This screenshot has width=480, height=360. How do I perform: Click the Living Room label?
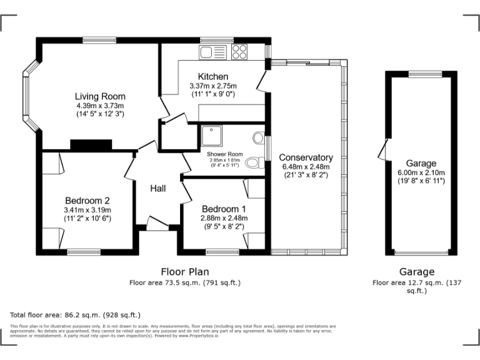pyautogui.click(x=100, y=96)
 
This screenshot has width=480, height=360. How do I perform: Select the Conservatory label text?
pyautogui.click(x=306, y=157)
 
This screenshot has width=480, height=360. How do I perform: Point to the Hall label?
pyautogui.click(x=158, y=187)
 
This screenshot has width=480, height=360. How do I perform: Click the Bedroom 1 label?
pyautogui.click(x=223, y=209)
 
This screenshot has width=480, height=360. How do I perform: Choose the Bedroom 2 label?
pyautogui.click(x=87, y=201)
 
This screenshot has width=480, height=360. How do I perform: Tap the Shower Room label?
pyautogui.click(x=224, y=154)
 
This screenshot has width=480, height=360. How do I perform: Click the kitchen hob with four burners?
pyautogui.click(x=239, y=51)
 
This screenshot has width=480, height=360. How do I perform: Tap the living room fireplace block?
pyautogui.click(x=91, y=145)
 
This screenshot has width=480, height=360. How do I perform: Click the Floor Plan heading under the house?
pyautogui.click(x=185, y=272)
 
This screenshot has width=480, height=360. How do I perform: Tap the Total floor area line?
pyautogui.click(x=76, y=314)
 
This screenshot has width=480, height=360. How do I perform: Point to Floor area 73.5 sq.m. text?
pyautogui.click(x=185, y=282)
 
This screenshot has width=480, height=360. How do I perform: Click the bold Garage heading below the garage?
pyautogui.click(x=417, y=272)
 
